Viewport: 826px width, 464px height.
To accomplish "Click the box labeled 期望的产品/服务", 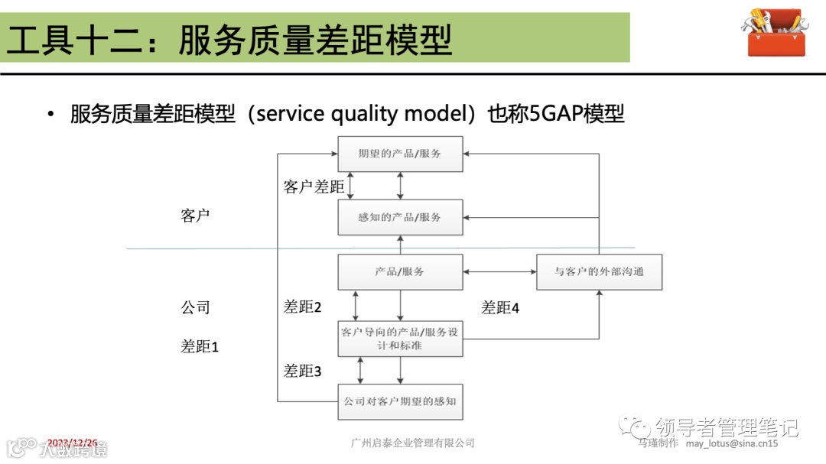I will (400, 154).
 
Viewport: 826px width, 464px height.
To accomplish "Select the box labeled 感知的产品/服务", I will (400, 217).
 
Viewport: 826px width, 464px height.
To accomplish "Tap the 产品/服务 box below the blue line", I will (400, 272).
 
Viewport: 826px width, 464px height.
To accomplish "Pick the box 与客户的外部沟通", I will (599, 272).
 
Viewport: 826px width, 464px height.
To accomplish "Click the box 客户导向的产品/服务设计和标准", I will (400, 339).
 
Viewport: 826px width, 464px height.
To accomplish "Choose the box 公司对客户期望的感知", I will (400, 401).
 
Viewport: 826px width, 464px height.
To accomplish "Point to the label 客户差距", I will (314, 187).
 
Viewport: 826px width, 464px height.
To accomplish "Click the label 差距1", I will (200, 346).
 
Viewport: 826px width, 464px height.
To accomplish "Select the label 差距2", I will (302, 307).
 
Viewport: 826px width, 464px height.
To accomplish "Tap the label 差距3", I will (302, 371).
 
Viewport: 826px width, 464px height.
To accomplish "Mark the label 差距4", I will (500, 307).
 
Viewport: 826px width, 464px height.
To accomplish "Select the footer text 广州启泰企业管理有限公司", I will (412, 443).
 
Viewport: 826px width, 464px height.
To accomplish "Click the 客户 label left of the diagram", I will (195, 216).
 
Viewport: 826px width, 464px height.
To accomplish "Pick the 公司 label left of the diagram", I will (195, 307).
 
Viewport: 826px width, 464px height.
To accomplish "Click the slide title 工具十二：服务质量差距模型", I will (229, 38).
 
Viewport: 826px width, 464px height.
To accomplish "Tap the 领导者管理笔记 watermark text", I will (726, 426).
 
